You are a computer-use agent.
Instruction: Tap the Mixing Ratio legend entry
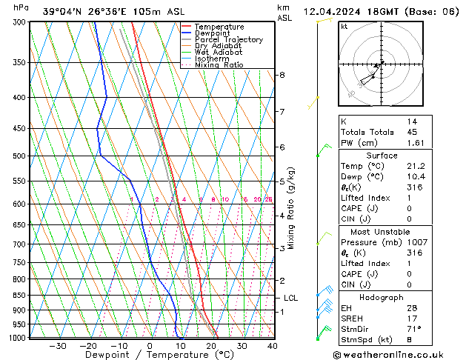[219, 65]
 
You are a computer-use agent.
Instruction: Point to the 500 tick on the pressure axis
[17, 156]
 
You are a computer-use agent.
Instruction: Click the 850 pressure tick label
[17, 295]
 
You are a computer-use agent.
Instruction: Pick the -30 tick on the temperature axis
[57, 346]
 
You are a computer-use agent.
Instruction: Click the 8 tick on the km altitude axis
[282, 76]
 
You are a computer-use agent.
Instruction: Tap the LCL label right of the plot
[291, 299]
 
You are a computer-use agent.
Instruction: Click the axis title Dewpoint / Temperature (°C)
[148, 356]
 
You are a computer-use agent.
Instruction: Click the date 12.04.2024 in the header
[333, 12]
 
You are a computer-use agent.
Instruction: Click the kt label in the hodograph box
[344, 27]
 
